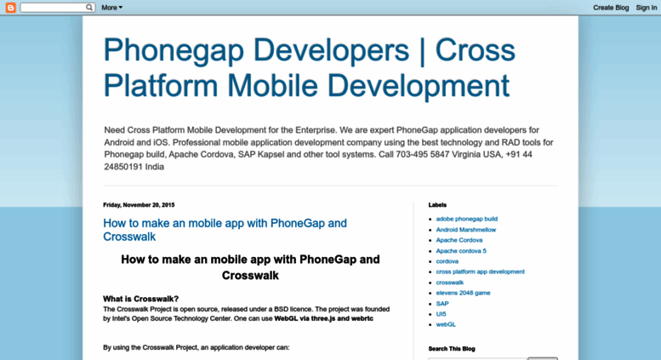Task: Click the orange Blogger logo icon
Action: [x=10, y=8]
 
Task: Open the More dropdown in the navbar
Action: [x=111, y=8]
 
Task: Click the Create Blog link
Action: [x=611, y=8]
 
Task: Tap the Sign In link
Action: [x=647, y=8]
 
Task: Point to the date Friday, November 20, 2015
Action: [x=139, y=205]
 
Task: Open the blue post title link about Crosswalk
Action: [x=225, y=230]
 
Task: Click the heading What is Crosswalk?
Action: [x=141, y=299]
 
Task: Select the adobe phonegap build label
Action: [x=467, y=219]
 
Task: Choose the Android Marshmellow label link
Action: [x=466, y=230]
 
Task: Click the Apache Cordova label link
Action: [x=459, y=240]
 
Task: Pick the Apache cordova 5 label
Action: [x=461, y=251]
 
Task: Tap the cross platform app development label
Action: [x=480, y=271]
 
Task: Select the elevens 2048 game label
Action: [x=463, y=293]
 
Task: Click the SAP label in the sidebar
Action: [x=442, y=304]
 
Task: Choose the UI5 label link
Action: [x=441, y=314]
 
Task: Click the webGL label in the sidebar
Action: [x=446, y=324]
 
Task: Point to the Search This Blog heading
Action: [x=452, y=349]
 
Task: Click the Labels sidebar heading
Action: [x=437, y=205]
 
